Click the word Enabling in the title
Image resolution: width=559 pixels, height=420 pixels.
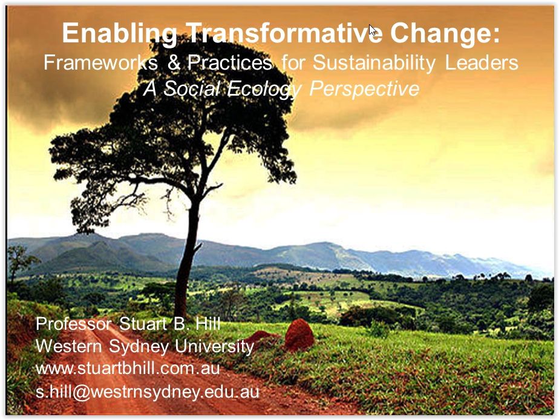(x=119, y=34)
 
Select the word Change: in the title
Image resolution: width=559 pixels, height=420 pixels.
(x=445, y=33)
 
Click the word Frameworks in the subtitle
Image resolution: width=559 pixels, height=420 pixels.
(x=100, y=62)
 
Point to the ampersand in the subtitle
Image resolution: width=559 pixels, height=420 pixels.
(x=174, y=62)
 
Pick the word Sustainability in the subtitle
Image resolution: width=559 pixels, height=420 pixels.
(x=374, y=63)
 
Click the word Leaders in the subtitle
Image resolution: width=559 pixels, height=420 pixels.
(x=482, y=62)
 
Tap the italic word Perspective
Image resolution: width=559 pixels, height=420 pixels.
(x=364, y=89)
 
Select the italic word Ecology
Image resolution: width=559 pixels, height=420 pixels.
(x=264, y=89)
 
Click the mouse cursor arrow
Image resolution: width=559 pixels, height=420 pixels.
(x=372, y=30)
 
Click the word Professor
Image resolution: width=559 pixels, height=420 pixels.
(x=73, y=324)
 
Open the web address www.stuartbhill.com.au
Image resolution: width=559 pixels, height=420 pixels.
(x=128, y=369)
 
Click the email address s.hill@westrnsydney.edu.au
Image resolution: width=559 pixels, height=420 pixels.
(x=147, y=392)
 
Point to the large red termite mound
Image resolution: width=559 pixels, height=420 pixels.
(x=299, y=335)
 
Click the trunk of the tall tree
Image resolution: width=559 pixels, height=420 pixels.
(x=188, y=257)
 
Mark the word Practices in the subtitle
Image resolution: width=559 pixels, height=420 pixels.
(x=230, y=62)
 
